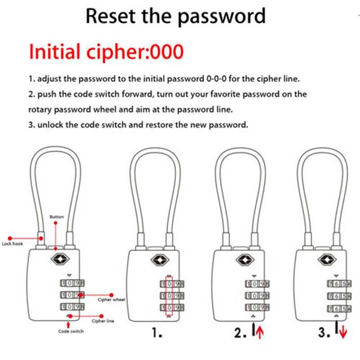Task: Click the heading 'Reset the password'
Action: pyautogui.click(x=175, y=16)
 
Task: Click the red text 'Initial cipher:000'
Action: pyautogui.click(x=106, y=52)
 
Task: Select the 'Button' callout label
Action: pyautogui.click(x=56, y=217)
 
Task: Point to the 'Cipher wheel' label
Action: pyautogui.click(x=111, y=299)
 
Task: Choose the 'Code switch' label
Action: pyautogui.click(x=71, y=331)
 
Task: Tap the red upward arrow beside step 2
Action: pyautogui.click(x=260, y=333)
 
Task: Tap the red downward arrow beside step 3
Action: pyautogui.click(x=343, y=333)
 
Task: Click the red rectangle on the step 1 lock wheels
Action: pyautogui.click(x=169, y=296)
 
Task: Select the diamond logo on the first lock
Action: pyautogui.click(x=57, y=260)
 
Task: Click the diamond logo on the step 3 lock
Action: pyautogui.click(x=325, y=260)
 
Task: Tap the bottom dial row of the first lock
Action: pyautogui.click(x=72, y=307)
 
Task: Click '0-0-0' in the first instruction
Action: pyautogui.click(x=215, y=78)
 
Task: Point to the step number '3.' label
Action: pyautogui.click(x=324, y=333)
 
